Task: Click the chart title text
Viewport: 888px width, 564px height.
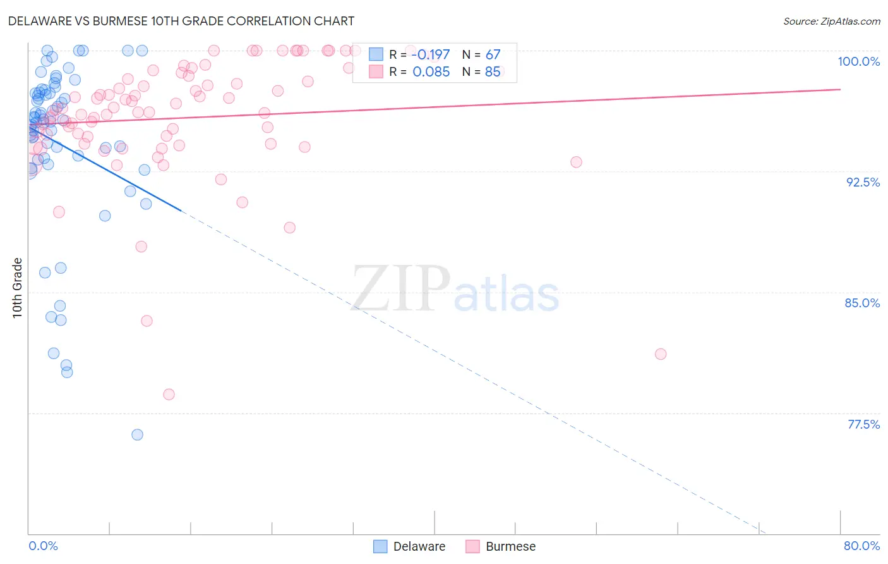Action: (x=181, y=21)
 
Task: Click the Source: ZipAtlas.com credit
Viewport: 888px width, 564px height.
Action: (x=831, y=21)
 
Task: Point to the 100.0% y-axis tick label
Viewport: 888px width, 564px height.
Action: (x=858, y=61)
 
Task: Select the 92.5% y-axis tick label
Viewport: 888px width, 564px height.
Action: (x=863, y=182)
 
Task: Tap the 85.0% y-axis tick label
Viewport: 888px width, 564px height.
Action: (x=862, y=303)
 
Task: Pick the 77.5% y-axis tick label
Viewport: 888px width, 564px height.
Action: (x=863, y=424)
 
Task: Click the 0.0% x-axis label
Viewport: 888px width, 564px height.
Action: (x=43, y=546)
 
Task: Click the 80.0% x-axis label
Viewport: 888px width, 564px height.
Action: (x=861, y=546)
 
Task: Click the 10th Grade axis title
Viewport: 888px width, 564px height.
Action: (x=18, y=288)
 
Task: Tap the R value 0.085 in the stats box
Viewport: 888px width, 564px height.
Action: (x=431, y=72)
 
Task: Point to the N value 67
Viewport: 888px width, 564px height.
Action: (x=493, y=55)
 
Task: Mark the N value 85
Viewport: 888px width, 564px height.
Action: (x=493, y=72)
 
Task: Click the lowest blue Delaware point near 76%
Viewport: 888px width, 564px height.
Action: (x=137, y=434)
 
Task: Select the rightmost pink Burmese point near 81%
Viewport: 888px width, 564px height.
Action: (x=661, y=354)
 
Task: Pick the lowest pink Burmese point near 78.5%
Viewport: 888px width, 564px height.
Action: (x=169, y=395)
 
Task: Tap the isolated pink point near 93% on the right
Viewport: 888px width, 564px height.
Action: (x=576, y=162)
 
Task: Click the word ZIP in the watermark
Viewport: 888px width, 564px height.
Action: (x=400, y=289)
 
